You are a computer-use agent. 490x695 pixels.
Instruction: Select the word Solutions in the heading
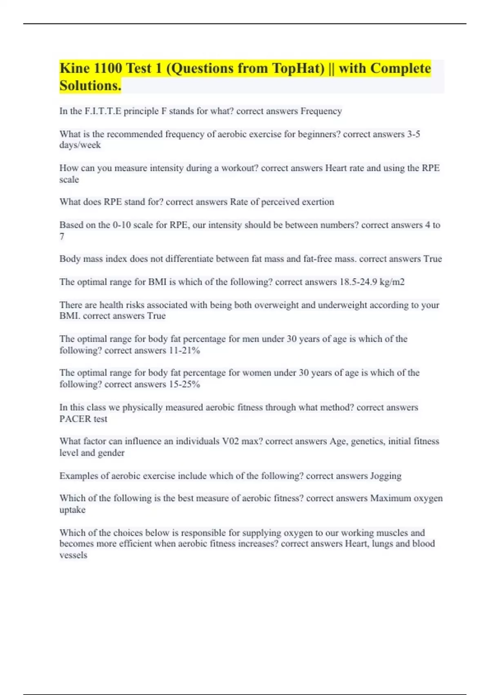(90, 86)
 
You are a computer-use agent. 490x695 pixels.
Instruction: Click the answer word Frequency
(321, 111)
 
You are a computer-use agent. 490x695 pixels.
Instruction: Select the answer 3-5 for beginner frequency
(413, 134)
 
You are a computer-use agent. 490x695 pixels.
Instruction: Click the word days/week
(80, 145)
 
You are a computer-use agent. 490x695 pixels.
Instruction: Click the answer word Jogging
(385, 476)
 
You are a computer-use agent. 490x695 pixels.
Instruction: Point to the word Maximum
(390, 498)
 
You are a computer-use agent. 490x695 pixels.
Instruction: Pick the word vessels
(73, 555)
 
